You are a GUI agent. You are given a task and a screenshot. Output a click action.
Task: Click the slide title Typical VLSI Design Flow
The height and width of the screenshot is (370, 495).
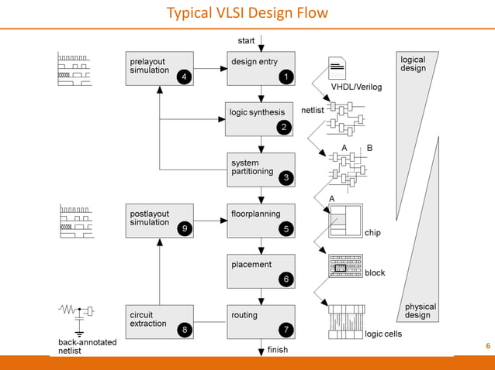(247, 13)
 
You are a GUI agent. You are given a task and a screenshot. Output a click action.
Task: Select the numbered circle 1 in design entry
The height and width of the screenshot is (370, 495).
(286, 77)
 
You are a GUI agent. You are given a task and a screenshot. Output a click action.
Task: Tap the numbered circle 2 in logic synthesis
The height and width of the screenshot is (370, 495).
(285, 128)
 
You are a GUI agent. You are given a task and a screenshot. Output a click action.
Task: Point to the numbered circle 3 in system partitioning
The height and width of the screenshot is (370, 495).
(286, 178)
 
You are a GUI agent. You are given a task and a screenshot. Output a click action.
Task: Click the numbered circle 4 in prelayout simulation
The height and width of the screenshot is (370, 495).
(183, 77)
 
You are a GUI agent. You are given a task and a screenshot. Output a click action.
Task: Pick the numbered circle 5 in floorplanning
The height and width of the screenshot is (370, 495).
(286, 229)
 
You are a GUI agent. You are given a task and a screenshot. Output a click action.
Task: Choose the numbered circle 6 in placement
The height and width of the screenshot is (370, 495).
(286, 279)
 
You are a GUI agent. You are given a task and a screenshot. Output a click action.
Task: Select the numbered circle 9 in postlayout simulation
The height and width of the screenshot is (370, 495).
(183, 229)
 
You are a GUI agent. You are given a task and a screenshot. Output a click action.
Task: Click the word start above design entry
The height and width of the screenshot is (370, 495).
(247, 40)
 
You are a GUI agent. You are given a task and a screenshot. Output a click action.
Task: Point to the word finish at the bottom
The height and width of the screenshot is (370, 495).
(277, 350)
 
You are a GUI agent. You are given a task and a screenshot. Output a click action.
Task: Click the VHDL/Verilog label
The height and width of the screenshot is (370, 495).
(357, 87)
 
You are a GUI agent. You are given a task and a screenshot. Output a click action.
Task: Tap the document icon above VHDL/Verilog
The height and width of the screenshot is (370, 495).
(337, 69)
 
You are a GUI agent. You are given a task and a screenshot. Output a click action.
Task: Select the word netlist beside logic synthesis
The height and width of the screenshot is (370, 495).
(312, 110)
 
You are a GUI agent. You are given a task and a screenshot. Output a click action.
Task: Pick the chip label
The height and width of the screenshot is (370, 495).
(372, 232)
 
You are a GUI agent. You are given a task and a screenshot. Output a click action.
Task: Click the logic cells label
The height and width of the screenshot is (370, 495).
(383, 334)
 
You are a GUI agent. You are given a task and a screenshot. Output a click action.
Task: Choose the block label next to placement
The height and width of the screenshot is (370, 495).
(375, 272)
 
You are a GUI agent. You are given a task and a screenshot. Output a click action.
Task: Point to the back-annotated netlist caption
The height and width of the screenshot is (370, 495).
(88, 346)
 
